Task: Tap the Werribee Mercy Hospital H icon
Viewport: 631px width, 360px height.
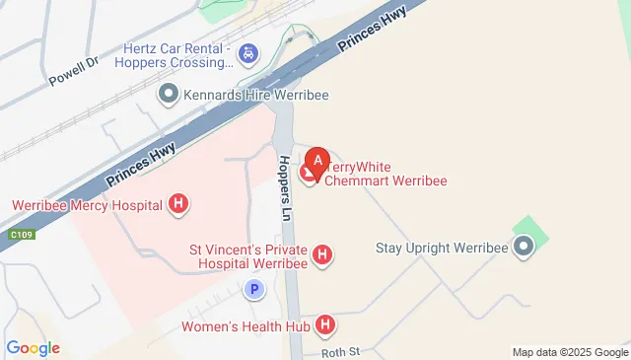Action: click(178, 205)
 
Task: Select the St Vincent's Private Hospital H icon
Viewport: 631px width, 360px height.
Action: click(321, 256)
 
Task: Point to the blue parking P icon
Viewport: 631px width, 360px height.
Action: click(254, 290)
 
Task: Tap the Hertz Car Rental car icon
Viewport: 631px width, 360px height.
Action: click(249, 51)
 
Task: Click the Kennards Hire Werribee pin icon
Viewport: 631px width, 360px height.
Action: click(169, 95)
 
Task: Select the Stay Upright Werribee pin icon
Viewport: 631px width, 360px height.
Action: click(524, 247)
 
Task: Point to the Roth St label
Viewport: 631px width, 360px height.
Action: click(342, 351)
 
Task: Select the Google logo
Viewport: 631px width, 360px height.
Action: click(33, 348)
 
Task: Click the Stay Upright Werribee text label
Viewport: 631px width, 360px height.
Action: click(442, 247)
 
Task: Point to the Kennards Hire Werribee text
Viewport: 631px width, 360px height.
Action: click(255, 95)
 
